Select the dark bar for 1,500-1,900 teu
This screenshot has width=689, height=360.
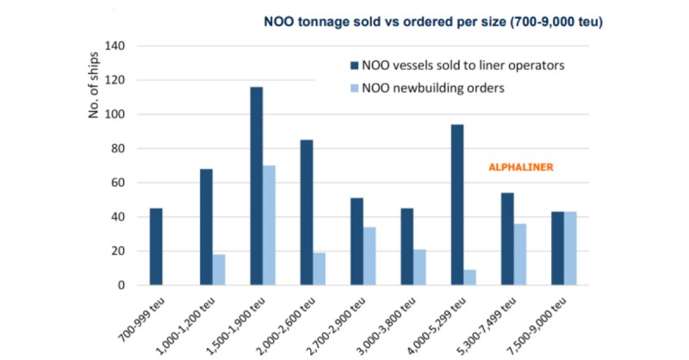257,186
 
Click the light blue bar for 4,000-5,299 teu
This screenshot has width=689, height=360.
469,277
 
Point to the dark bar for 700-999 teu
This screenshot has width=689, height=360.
156,246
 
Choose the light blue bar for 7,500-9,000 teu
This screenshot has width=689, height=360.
569,248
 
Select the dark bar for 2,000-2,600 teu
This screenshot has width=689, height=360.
307,213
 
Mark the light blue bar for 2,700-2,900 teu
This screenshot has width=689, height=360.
369,256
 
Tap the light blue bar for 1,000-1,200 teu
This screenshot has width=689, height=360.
219,270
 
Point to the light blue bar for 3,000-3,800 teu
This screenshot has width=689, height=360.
419,267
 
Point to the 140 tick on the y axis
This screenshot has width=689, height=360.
115,46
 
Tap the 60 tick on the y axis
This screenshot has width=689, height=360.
118,183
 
